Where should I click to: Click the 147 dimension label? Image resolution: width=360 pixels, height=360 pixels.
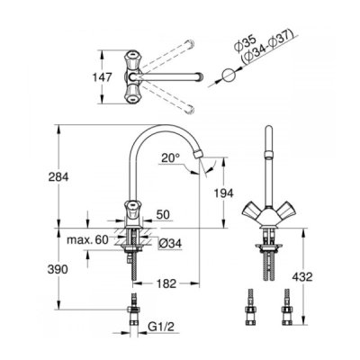point(103,77)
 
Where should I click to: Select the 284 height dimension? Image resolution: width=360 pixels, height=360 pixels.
point(58,177)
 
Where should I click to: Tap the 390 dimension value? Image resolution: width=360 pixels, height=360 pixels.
point(58,269)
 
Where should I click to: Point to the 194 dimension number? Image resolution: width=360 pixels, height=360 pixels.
point(223,193)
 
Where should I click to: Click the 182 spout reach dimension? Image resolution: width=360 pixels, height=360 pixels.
point(166,283)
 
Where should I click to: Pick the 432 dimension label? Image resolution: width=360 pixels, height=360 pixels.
point(302,277)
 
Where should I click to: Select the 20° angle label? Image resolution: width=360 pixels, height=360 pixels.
point(170,157)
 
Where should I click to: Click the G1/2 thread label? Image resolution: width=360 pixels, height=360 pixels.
point(161,327)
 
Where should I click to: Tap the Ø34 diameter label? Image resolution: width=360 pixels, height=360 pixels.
point(170,244)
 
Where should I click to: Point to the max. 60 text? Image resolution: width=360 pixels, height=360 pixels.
point(87,240)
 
